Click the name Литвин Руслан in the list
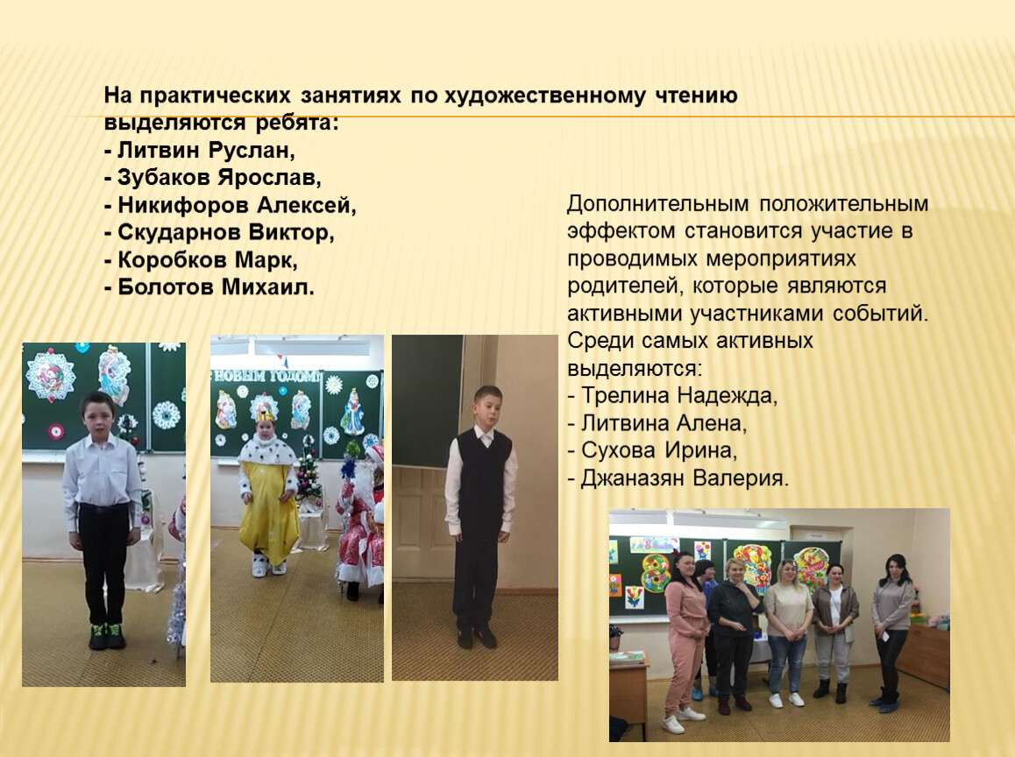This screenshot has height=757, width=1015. (205, 151)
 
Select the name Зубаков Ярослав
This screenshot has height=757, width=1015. (219, 178)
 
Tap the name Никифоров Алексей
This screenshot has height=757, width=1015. (237, 206)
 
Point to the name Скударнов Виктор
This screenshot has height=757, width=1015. (225, 232)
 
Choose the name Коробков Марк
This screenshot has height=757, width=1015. (207, 260)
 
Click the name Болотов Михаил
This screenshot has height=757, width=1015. (216, 287)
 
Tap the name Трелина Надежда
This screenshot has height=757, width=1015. (679, 394)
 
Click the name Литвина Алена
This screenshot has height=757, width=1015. (664, 423)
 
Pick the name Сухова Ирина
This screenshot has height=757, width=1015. (659, 450)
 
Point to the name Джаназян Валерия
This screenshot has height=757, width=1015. (685, 478)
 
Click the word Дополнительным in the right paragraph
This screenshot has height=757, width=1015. (657, 204)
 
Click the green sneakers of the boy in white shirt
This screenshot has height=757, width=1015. (107, 634)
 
